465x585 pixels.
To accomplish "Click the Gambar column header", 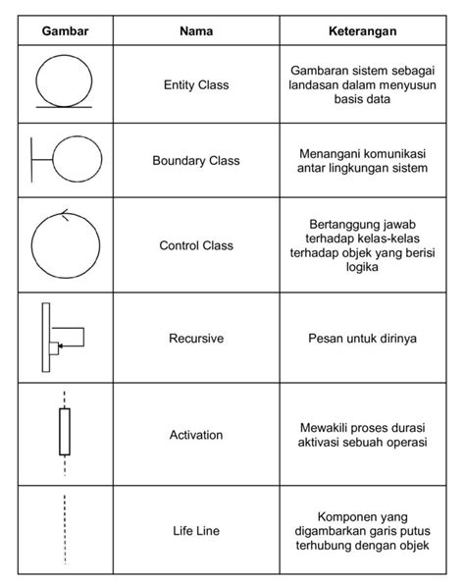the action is point(65,31).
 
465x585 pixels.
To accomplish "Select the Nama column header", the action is point(196,31).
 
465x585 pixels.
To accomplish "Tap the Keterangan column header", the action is point(362,31).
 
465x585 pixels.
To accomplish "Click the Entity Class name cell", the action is point(196,85).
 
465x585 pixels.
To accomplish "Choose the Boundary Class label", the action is point(196,160).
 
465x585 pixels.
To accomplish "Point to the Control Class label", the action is point(196,245).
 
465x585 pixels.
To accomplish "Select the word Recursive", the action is point(196,339).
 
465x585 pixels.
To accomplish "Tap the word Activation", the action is point(196,434).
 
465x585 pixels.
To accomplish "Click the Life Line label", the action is point(196,531).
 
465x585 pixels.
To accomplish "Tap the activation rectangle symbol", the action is point(65,433).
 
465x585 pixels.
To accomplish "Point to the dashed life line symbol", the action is point(65,530).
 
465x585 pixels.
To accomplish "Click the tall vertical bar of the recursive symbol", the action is point(46,338).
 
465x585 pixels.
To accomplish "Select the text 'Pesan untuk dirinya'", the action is point(362,339).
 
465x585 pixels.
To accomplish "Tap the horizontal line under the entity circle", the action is point(65,104).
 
